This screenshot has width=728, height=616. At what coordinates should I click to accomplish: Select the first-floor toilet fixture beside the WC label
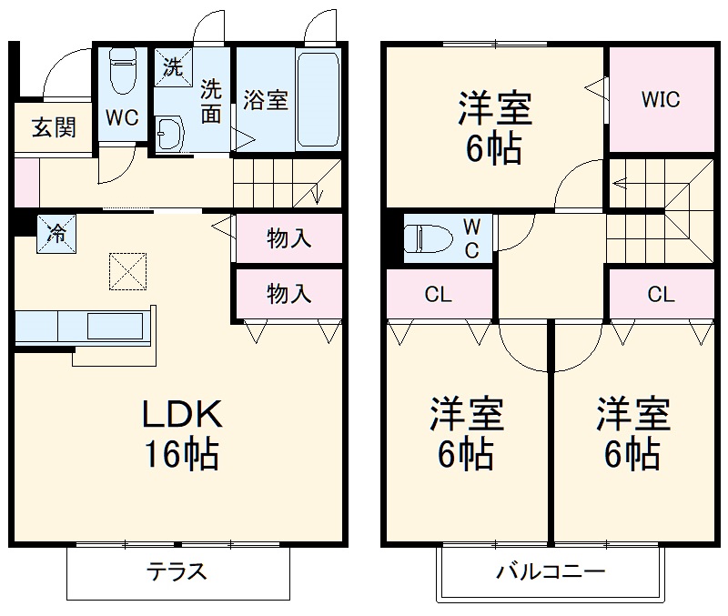(121, 70)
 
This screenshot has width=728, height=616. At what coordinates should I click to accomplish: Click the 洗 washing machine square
(171, 66)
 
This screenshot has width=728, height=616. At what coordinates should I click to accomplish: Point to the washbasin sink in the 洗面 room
(168, 135)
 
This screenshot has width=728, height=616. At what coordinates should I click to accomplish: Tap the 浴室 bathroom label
(266, 100)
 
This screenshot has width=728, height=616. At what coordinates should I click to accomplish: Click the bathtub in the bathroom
(318, 99)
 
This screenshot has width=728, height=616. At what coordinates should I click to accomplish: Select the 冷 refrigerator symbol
(56, 233)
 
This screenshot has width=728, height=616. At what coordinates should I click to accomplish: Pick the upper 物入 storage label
(289, 239)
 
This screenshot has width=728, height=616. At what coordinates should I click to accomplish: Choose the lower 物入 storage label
(289, 293)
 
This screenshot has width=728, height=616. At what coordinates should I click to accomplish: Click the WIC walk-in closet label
(660, 100)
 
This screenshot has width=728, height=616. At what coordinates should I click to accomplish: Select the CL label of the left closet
(439, 295)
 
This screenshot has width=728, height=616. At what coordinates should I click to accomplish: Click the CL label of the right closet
(661, 295)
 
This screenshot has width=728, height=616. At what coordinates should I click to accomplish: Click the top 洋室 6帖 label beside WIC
(494, 128)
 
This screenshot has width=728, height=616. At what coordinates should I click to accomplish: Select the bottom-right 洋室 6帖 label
(633, 433)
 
